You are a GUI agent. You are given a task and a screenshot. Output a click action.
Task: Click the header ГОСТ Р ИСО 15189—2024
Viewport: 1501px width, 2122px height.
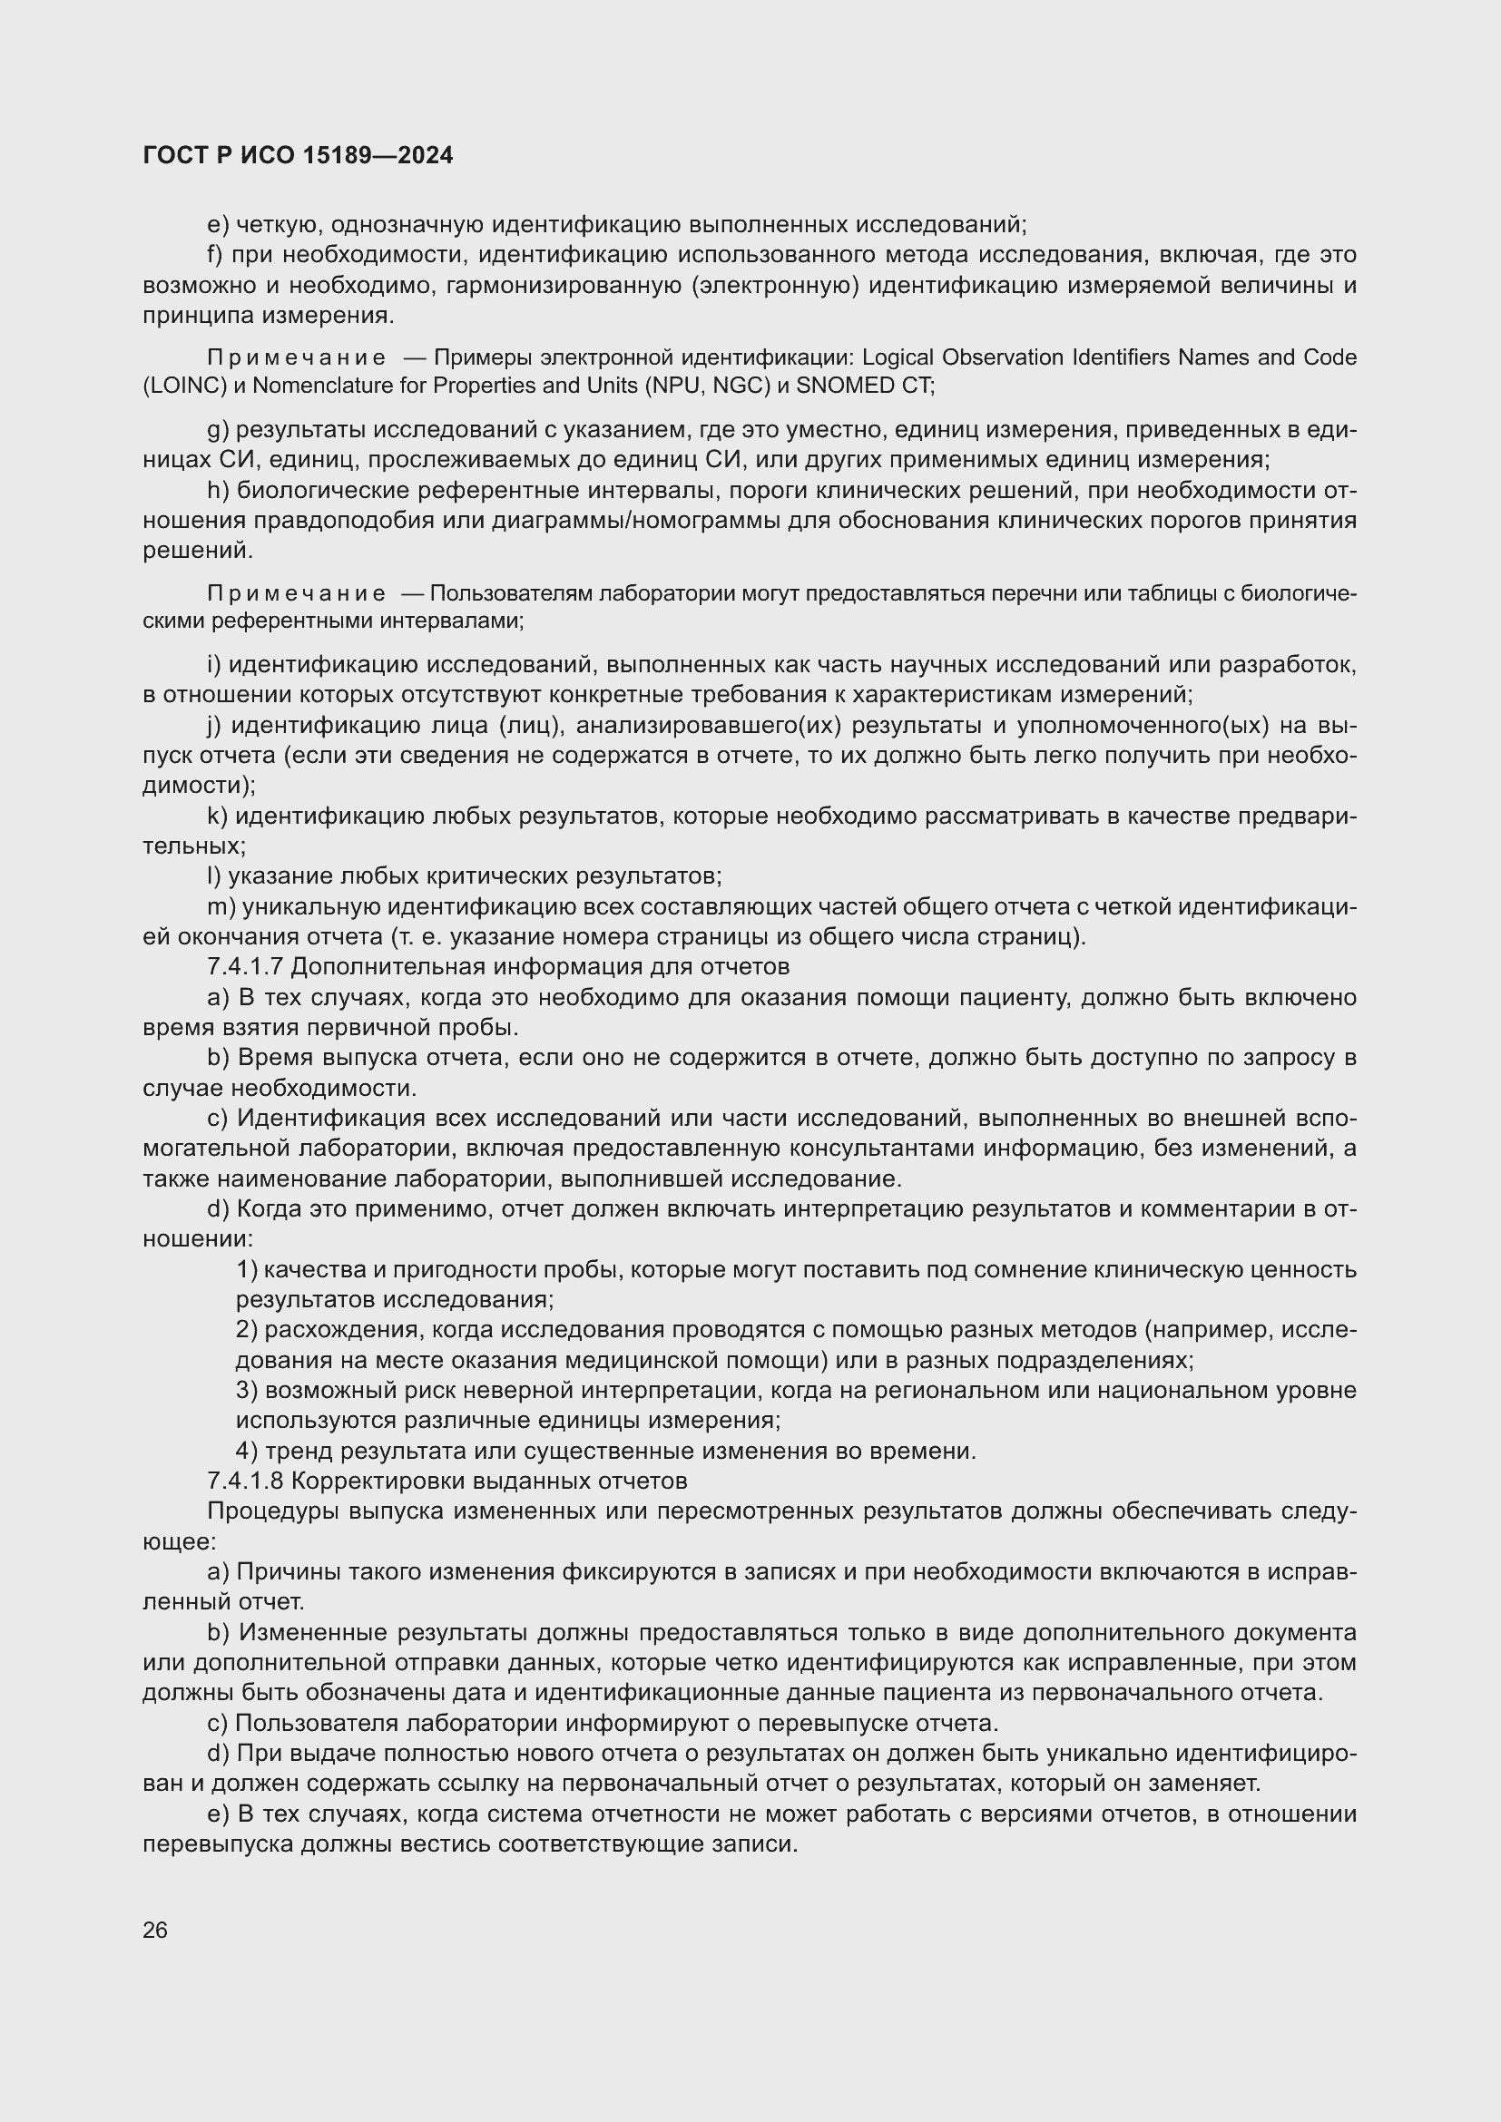[298, 155]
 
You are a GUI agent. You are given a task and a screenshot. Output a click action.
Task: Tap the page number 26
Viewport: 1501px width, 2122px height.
[155, 1930]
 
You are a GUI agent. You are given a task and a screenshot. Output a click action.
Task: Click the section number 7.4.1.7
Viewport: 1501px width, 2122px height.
[245, 967]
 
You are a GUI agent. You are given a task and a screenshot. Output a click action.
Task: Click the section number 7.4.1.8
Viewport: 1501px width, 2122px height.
[245, 1481]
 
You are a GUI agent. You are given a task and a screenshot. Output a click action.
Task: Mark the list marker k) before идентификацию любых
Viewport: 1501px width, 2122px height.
[217, 817]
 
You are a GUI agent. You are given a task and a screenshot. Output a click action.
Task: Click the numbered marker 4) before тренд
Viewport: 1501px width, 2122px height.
[247, 1451]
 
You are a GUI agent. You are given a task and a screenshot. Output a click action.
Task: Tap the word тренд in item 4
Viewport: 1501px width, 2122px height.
[299, 1451]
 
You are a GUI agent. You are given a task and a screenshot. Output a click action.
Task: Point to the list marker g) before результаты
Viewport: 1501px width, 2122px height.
[217, 430]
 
